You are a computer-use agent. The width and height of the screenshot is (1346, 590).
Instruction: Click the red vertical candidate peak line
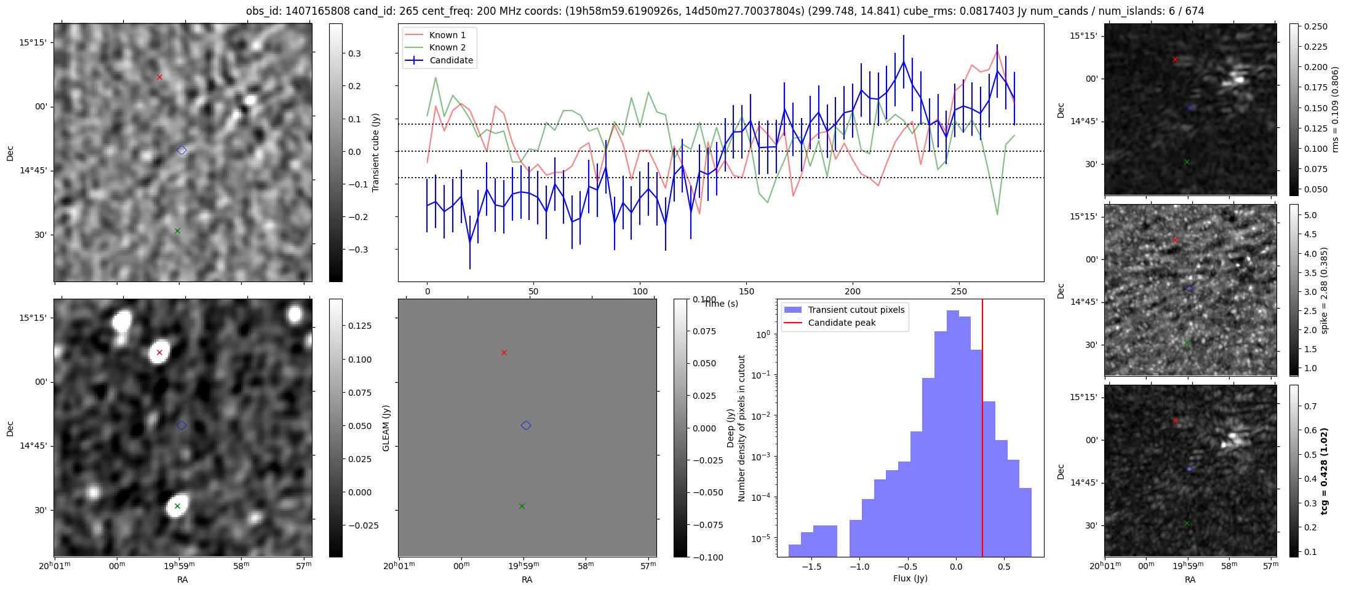[x=982, y=430]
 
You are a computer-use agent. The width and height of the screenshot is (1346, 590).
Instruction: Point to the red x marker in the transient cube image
[x=159, y=77]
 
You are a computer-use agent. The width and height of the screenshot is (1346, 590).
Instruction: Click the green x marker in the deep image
[x=177, y=506]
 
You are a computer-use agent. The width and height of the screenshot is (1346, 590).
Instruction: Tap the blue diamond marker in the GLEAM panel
[x=526, y=425]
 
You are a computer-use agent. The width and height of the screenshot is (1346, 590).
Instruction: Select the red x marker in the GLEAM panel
[x=504, y=352]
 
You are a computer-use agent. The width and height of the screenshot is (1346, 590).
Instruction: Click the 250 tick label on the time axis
[x=959, y=291]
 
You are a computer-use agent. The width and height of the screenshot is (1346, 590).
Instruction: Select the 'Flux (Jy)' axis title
[x=910, y=578]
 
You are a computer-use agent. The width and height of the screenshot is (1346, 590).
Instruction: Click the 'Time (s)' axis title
[x=721, y=304]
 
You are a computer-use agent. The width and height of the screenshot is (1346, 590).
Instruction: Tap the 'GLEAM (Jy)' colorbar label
[x=386, y=428]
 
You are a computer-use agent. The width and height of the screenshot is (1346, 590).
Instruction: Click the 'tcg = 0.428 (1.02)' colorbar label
[x=1324, y=471]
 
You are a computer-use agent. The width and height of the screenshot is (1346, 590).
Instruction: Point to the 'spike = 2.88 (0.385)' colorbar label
[x=1324, y=290]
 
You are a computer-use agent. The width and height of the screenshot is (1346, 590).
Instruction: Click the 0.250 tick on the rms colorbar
[x=1315, y=26]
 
